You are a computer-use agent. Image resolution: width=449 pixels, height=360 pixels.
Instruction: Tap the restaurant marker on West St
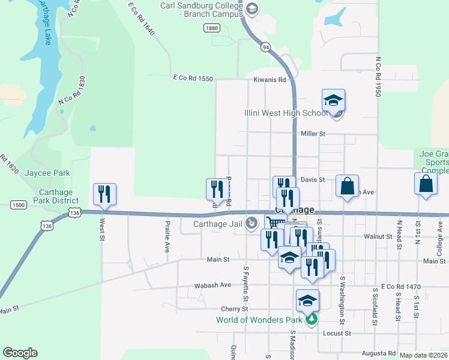point(104,194)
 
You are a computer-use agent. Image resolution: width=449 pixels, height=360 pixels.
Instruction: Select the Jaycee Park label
point(47,173)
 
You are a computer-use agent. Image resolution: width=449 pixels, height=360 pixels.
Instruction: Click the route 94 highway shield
point(265,46)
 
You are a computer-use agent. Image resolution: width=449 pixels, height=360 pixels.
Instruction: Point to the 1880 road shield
point(211,28)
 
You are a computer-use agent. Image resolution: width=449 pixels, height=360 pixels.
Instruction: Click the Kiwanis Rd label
point(270,80)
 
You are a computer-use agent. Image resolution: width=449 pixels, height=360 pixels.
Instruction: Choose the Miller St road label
point(313,134)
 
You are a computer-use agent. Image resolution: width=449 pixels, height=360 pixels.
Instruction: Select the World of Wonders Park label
point(259,320)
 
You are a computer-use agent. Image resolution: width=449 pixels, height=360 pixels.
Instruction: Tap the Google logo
point(20,353)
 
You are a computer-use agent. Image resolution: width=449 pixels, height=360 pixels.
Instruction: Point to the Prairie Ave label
point(167,236)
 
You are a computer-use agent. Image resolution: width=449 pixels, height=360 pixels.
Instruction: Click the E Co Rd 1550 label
point(193,78)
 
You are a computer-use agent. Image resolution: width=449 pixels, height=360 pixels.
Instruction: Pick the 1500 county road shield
point(18,205)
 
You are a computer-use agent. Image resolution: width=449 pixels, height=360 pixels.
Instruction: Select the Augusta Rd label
point(379,354)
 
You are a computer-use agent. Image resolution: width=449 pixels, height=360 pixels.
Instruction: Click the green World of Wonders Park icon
point(311,320)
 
